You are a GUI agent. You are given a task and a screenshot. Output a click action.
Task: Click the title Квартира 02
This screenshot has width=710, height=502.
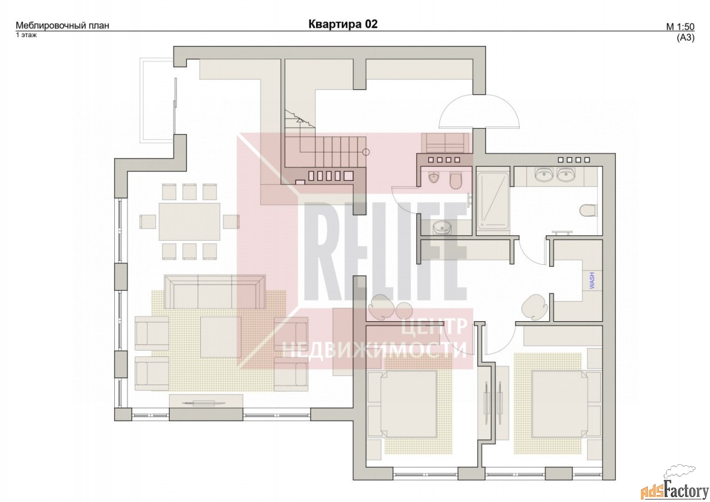coord(343,24)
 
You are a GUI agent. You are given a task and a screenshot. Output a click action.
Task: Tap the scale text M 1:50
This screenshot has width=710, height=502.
coord(680,27)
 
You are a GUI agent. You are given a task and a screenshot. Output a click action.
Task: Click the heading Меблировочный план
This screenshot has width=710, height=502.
coord(63,26)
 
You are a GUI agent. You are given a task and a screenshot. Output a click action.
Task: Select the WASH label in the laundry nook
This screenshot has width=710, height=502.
coord(591,280)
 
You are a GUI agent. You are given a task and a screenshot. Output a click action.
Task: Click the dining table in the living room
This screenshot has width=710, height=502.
coord(190,222)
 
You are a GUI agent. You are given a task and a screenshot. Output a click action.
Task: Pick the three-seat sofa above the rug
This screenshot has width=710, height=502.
coord(215,292)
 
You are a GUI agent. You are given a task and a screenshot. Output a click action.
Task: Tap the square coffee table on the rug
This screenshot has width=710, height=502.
coord(221,337)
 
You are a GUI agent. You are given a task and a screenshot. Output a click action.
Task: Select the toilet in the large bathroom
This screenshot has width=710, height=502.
coord(589,210)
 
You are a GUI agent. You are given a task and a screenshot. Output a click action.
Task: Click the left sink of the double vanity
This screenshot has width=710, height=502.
coord(543,175)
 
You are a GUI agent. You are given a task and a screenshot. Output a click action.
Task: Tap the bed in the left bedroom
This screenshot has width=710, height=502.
coord(402,404)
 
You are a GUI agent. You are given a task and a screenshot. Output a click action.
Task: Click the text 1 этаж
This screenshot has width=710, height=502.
coord(26,35)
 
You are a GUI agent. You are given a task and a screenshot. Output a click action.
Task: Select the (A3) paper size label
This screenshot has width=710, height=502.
coord(686,38)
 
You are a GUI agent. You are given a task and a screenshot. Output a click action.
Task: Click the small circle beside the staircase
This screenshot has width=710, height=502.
coord(366,152)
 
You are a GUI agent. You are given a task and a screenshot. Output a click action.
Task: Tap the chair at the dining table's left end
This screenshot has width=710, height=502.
coord(148,221)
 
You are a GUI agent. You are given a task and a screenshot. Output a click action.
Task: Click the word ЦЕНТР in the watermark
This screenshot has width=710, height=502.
coord(434,327)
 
